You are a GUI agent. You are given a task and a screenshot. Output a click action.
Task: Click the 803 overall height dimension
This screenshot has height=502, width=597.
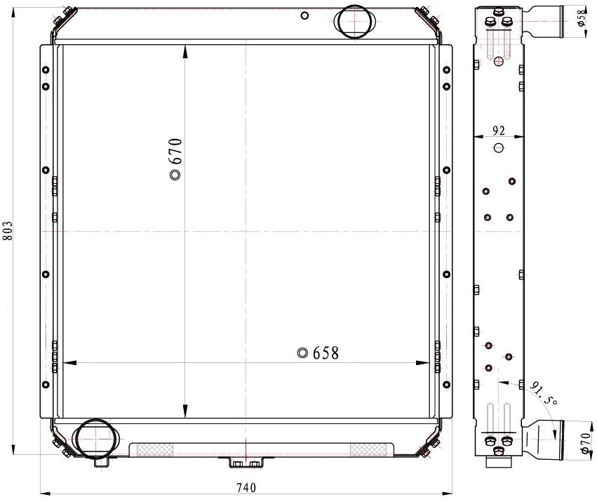coord(8,230)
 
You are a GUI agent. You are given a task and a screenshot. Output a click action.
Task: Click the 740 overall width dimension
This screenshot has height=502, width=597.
coord(246,487)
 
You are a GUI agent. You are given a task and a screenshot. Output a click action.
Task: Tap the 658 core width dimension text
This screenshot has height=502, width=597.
coord(326,353)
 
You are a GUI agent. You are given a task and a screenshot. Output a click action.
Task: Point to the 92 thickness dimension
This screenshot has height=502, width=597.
coord(498,131)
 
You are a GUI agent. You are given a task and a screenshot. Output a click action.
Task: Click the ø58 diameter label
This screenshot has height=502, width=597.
coord(581,18)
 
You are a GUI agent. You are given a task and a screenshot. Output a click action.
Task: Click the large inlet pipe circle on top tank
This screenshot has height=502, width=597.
coord(354,21)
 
